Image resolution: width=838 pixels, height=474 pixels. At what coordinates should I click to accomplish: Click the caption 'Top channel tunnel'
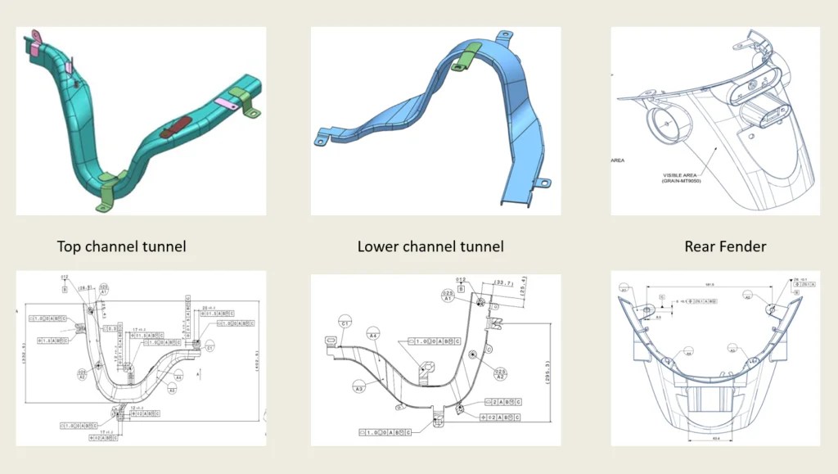[x=121, y=246]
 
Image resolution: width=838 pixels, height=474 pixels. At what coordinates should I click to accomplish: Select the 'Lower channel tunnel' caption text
[x=430, y=246]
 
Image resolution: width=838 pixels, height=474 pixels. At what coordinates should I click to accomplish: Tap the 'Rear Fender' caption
[x=725, y=246]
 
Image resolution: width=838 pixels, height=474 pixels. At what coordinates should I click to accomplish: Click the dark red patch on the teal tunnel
[x=175, y=127]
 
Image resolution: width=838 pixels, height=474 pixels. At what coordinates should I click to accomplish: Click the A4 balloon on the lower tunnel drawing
[x=373, y=334]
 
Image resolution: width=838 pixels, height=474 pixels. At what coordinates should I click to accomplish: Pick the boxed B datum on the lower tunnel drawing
[x=461, y=288]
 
